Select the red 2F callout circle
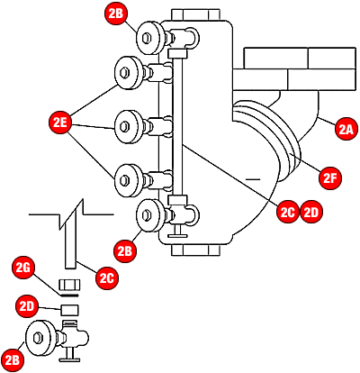(x=331, y=177)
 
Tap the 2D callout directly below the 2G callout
(x=27, y=306)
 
